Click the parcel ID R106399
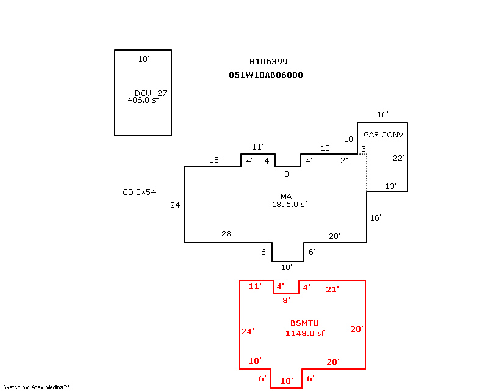coord(268,61)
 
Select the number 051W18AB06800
coord(266,75)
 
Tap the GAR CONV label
coord(384,134)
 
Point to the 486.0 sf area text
coord(143,100)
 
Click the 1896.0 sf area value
coord(289,205)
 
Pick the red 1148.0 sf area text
coord(305,333)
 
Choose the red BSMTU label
coord(304,323)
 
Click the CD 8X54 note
coord(139,192)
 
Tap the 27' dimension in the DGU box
coord(163,93)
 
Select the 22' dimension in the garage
coord(398,158)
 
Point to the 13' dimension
coord(390,186)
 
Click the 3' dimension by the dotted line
coord(364,149)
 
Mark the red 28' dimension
coord(357,329)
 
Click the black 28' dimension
coord(227,234)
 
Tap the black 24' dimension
coord(176,205)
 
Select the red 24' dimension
coord(247,331)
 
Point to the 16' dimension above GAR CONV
coord(382,115)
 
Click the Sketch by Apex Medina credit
coord(37,387)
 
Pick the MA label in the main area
coord(285,196)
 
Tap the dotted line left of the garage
coord(367,173)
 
